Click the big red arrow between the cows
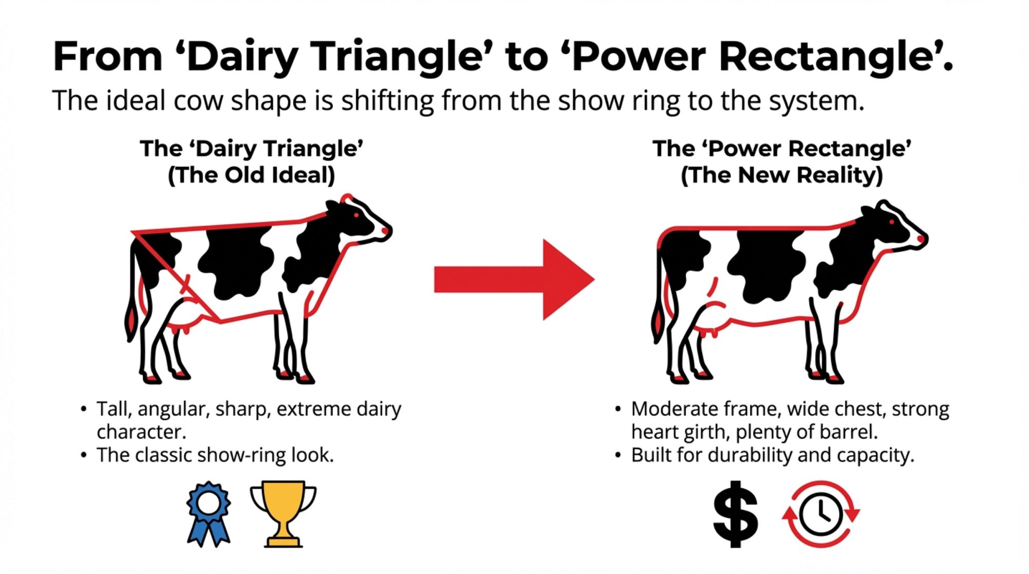(514, 279)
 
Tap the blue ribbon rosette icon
(208, 513)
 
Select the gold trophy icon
(283, 513)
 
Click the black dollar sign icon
(736, 514)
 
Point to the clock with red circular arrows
(821, 514)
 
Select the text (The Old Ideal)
(252, 175)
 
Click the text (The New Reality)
(782, 175)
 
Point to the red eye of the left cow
(356, 214)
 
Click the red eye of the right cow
(892, 222)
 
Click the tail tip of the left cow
(132, 322)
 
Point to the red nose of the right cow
(921, 239)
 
